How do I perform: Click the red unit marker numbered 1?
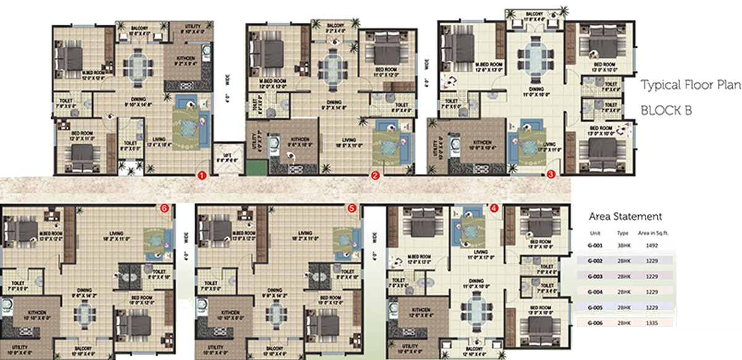pyautogui.click(x=201, y=176)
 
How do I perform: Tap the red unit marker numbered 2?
pyautogui.click(x=375, y=176)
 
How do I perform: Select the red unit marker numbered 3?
pyautogui.click(x=551, y=175)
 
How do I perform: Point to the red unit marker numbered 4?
pyautogui.click(x=493, y=208)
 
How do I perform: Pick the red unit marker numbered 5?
pyautogui.click(x=352, y=209)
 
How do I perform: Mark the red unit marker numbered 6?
pyautogui.click(x=164, y=209)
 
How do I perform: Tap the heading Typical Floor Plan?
pyautogui.click(x=689, y=85)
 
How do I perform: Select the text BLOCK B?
pyautogui.click(x=666, y=110)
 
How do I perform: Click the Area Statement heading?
pyautogui.click(x=625, y=216)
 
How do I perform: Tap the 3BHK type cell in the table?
pyautogui.click(x=623, y=244)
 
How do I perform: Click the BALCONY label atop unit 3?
pyautogui.click(x=535, y=13)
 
